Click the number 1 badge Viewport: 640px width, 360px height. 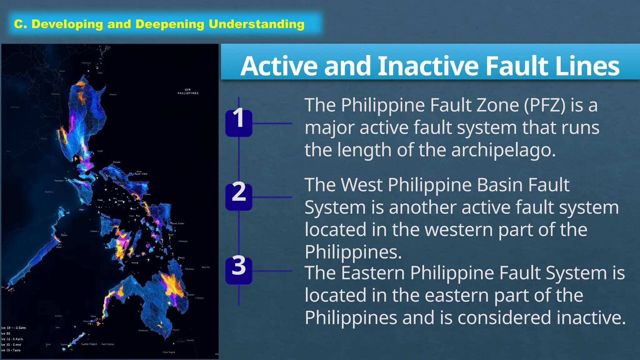[x=239, y=123]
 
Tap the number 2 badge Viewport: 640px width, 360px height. [x=239, y=197]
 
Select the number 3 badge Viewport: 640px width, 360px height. [x=239, y=270]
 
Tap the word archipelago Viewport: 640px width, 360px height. [x=503, y=150]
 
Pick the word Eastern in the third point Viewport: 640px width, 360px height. [x=373, y=273]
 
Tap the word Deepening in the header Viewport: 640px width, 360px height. [x=170, y=24]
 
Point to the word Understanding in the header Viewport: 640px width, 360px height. [x=257, y=24]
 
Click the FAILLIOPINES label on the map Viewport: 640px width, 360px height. [x=188, y=93]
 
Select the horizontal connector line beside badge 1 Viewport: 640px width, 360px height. [x=272, y=123]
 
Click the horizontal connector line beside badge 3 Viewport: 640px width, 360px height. [x=272, y=271]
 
